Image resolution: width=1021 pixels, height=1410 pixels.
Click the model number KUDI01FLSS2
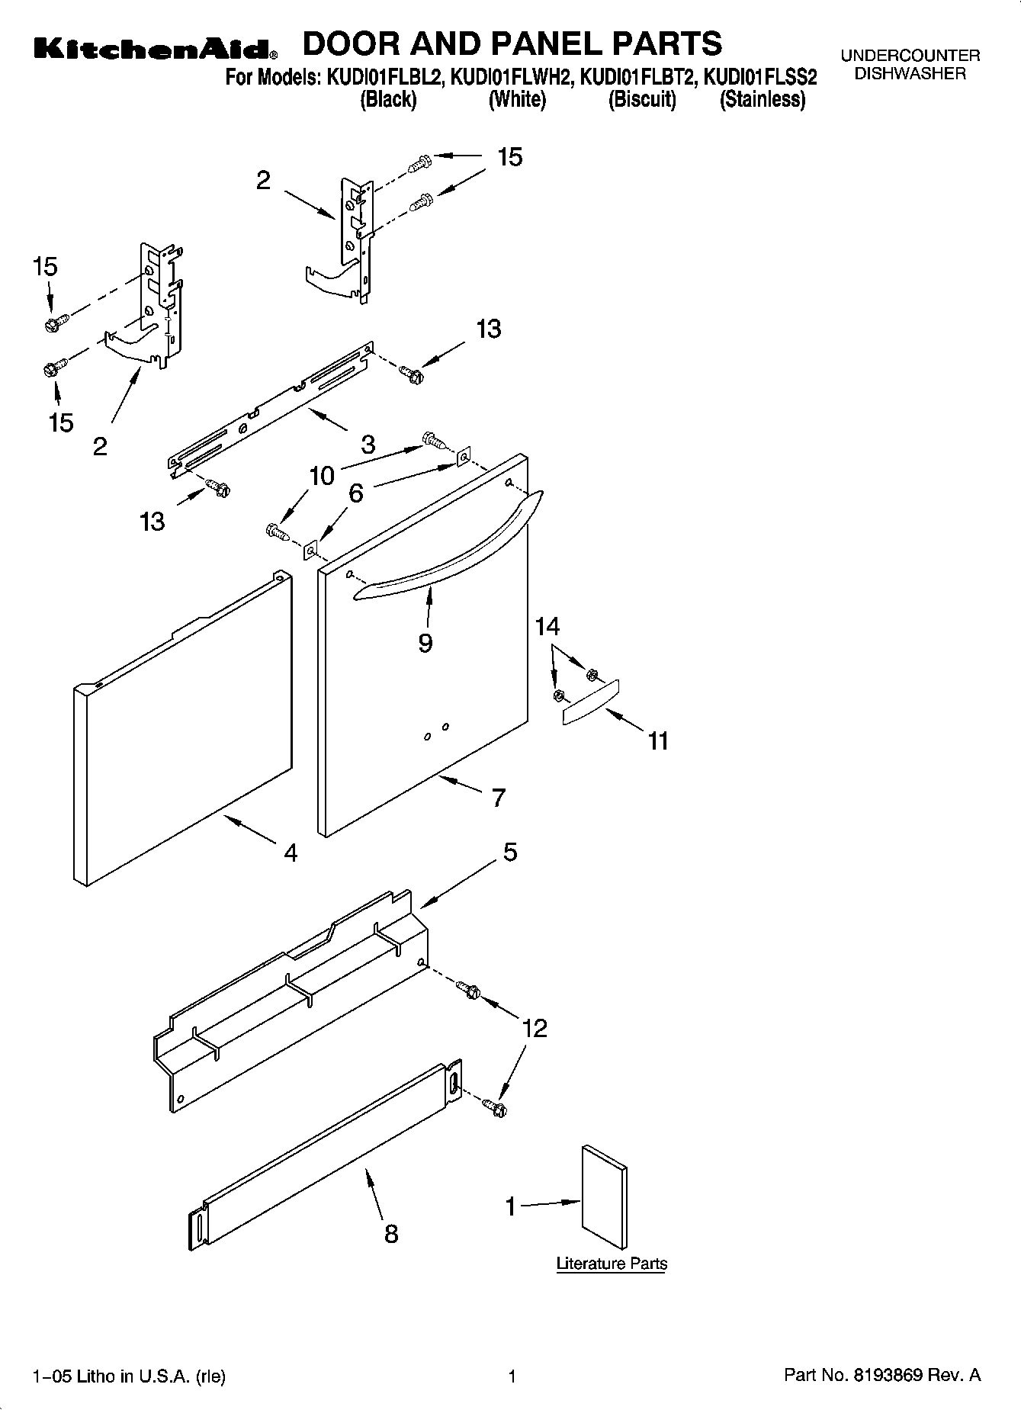(759, 78)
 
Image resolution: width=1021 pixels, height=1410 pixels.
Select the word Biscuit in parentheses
(642, 100)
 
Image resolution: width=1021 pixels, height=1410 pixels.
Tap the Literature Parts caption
(612, 1263)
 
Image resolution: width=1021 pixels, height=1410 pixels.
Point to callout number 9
(425, 643)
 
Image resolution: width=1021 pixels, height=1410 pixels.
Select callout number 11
(658, 740)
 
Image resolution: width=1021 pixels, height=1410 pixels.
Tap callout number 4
(291, 853)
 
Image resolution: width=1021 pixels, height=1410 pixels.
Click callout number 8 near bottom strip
(391, 1233)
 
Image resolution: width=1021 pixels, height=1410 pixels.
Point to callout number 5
(510, 851)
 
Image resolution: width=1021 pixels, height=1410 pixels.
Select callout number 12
(535, 1028)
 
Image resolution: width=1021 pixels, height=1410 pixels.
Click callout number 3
(368, 444)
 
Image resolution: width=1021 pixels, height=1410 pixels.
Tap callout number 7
(498, 798)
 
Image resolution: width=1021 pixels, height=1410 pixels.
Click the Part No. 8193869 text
(881, 1376)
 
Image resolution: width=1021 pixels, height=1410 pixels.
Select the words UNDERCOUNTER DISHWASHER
(910, 65)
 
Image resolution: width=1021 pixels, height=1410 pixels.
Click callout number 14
(547, 627)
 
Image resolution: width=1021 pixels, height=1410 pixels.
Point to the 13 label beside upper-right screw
(488, 329)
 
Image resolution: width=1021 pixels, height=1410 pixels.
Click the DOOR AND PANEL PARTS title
(512, 43)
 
